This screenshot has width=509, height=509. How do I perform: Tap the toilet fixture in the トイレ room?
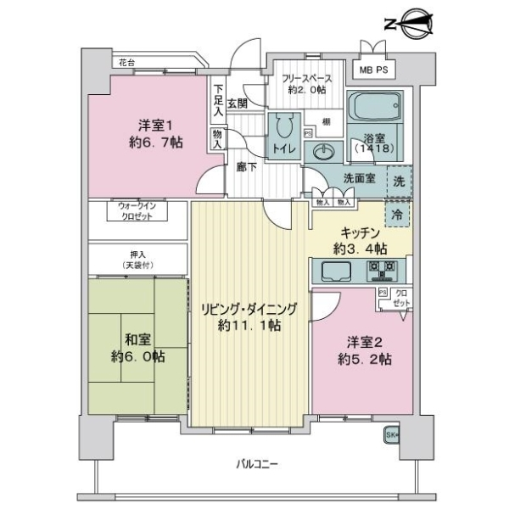click(x=282, y=128)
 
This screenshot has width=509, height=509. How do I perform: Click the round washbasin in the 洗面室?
click(x=324, y=153)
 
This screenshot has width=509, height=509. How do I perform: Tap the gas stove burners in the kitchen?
click(x=381, y=271)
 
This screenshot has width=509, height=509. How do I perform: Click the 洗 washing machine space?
click(x=399, y=180)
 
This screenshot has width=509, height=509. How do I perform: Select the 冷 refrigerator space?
click(x=397, y=215)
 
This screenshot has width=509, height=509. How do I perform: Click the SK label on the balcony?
click(x=393, y=435)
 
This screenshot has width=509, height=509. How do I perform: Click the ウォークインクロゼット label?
click(x=137, y=211)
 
